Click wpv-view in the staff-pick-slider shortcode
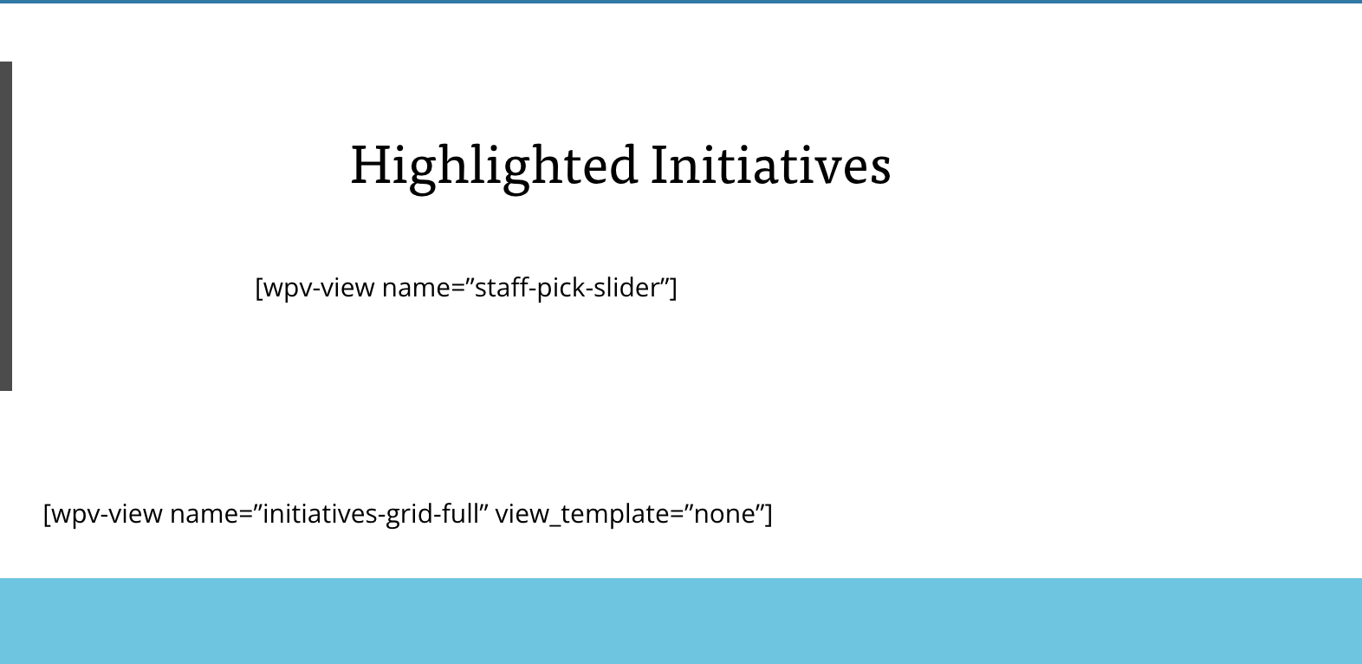318,288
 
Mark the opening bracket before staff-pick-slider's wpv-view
258,288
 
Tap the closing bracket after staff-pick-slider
673,288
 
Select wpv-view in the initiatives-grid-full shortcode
107,514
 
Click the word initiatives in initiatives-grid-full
320,513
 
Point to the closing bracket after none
769,514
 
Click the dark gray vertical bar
6,226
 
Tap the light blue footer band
681,621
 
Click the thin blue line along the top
681,2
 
